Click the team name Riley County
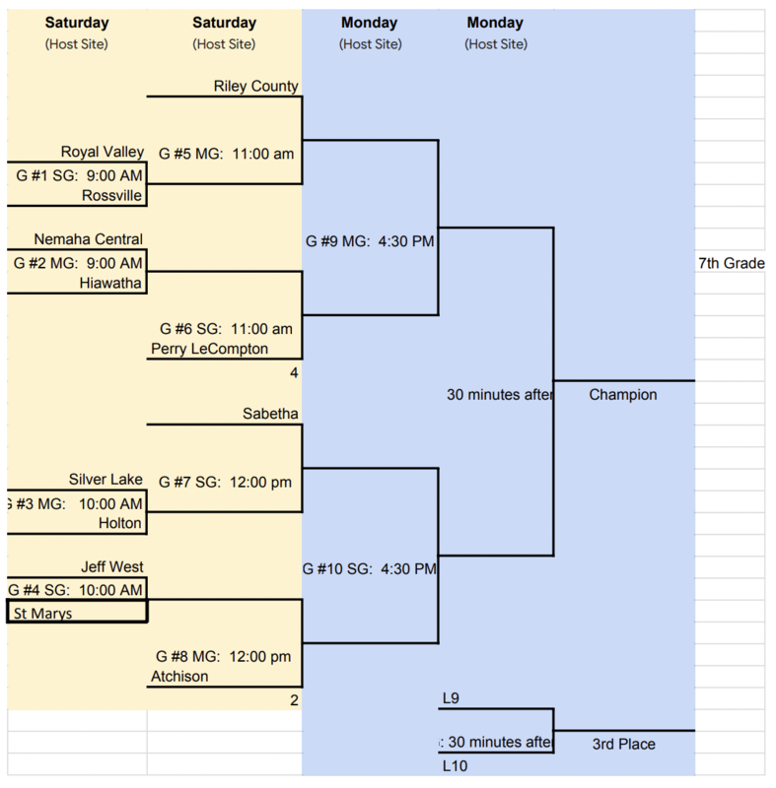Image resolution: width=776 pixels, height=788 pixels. (255, 86)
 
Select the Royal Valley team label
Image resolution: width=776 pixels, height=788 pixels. (102, 152)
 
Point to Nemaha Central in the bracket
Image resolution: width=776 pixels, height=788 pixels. (88, 239)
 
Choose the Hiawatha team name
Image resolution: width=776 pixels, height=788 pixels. (111, 283)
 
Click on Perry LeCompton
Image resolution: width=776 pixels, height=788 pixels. (209, 349)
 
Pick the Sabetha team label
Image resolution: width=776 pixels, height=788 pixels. (270, 415)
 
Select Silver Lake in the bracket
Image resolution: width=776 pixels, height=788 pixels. (106, 480)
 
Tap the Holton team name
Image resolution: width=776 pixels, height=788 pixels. (120, 523)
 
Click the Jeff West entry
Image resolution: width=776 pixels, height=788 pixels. (112, 567)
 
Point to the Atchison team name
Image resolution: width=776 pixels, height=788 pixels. (179, 677)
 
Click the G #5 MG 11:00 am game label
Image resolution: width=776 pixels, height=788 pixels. (226, 153)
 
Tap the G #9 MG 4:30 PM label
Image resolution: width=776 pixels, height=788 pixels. (369, 241)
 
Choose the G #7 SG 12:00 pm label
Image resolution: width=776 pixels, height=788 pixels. (226, 482)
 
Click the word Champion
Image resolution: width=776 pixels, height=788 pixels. (623, 395)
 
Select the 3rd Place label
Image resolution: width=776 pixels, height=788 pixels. (623, 745)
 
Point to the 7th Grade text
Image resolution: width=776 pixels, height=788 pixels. (732, 264)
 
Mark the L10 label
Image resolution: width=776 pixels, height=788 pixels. (455, 765)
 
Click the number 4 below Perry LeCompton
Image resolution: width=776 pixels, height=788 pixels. (294, 372)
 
